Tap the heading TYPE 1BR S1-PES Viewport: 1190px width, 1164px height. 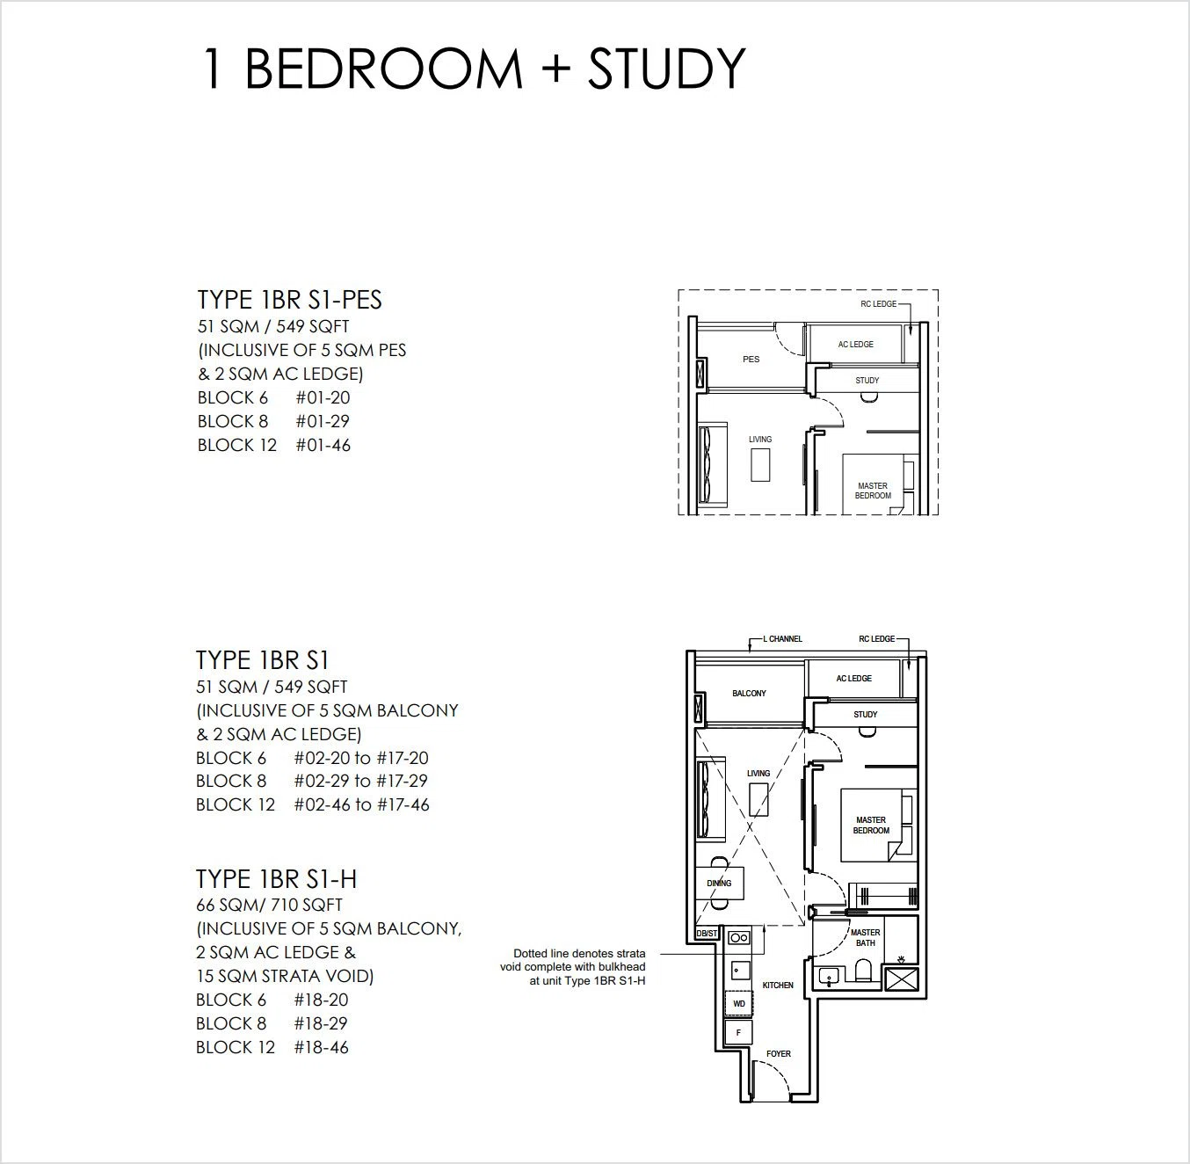pos(289,300)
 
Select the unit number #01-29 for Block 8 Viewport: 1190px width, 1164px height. pos(323,421)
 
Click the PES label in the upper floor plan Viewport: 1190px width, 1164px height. pos(751,359)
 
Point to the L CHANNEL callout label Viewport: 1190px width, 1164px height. pos(783,638)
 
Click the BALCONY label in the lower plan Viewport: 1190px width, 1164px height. pos(749,693)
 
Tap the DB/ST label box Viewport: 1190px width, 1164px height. pos(707,934)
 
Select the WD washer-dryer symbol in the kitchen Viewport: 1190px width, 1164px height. pos(739,1004)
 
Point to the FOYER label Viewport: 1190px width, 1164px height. pos(779,1053)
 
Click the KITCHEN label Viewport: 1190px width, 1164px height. pos(778,985)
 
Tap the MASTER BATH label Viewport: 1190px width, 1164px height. pos(866,938)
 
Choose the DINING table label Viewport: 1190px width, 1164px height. pos(719,884)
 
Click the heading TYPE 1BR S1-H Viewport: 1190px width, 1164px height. pos(276,879)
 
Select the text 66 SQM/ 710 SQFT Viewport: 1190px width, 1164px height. pos(269,905)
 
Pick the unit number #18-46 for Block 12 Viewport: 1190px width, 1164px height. pos(321,1047)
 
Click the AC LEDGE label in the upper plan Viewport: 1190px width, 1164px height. pos(855,345)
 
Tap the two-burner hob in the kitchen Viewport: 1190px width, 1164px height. pos(739,938)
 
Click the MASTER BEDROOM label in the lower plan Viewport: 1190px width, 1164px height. pos(871,826)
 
